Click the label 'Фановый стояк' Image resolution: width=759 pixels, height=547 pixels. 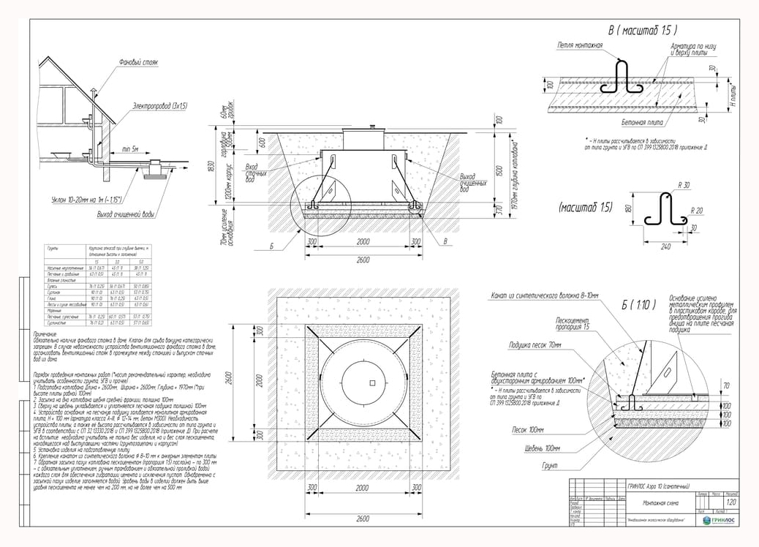[138, 63]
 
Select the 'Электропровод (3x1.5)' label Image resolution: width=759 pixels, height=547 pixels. [160, 107]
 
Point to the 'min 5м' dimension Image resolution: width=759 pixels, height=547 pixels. [132, 148]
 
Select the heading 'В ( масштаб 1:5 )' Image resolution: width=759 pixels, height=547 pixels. [643, 31]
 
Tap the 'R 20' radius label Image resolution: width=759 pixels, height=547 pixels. [697, 210]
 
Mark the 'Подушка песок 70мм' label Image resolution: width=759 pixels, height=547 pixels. [535, 344]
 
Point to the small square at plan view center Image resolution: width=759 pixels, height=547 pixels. [372, 382]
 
